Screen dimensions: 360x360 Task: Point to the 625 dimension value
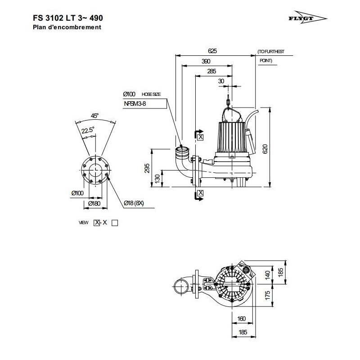pyautogui.click(x=212, y=51)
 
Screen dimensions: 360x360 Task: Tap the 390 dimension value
pyautogui.click(x=206, y=61)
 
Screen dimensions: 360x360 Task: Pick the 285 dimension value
pyautogui.click(x=211, y=71)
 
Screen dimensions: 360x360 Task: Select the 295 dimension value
pyautogui.click(x=147, y=168)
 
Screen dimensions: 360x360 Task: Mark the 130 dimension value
pyautogui.click(x=157, y=179)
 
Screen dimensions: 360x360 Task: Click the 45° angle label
pyautogui.click(x=94, y=116)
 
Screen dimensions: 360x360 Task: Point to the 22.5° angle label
pyautogui.click(x=88, y=130)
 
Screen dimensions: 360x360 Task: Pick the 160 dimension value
pyautogui.click(x=241, y=319)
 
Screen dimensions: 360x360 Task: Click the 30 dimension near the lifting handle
pyautogui.click(x=221, y=81)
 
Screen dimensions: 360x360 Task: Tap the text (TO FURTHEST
pyautogui.click(x=271, y=52)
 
